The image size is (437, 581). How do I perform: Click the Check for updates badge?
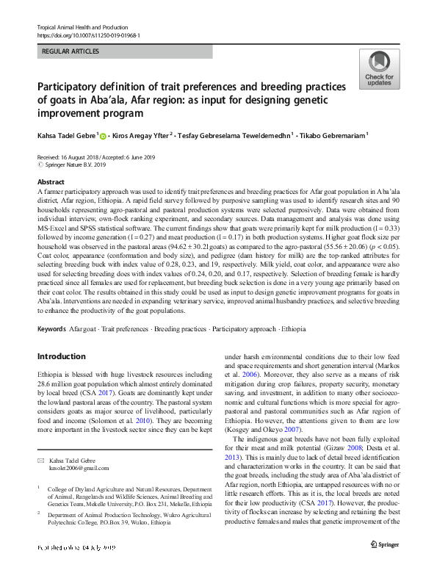click(x=379, y=71)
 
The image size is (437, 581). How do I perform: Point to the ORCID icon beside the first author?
click(x=101, y=136)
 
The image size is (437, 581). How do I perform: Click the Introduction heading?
click(x=61, y=356)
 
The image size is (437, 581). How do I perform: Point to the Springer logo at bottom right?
click(x=385, y=544)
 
